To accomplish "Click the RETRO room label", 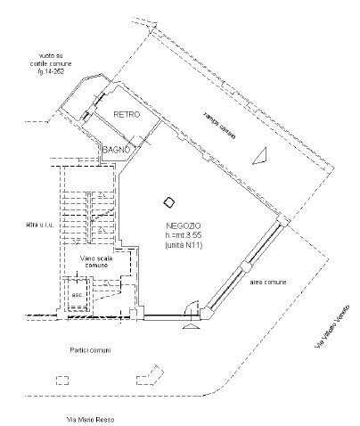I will (127, 114).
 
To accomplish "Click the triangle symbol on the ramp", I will (262, 156).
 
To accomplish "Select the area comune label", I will (267, 282).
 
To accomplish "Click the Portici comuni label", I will (90, 349).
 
